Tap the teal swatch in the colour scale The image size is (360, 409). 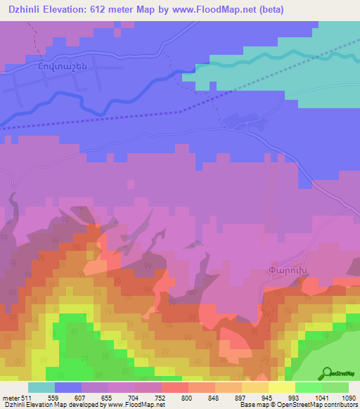(41, 387)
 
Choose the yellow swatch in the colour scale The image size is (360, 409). (281, 387)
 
